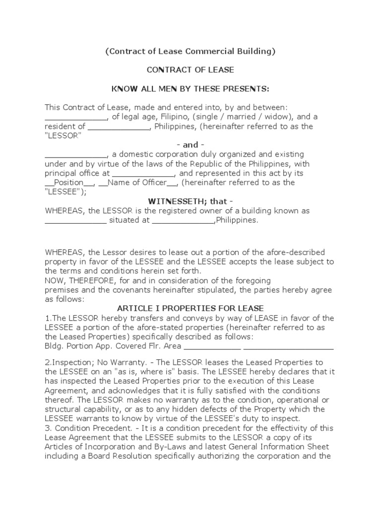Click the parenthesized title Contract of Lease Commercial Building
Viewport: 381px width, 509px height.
click(190, 51)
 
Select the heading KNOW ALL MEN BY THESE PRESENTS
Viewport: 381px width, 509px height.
click(190, 89)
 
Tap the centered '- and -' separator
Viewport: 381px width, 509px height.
click(190, 145)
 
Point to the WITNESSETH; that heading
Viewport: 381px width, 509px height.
click(190, 201)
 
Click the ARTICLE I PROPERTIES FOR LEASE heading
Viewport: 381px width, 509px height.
click(190, 309)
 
